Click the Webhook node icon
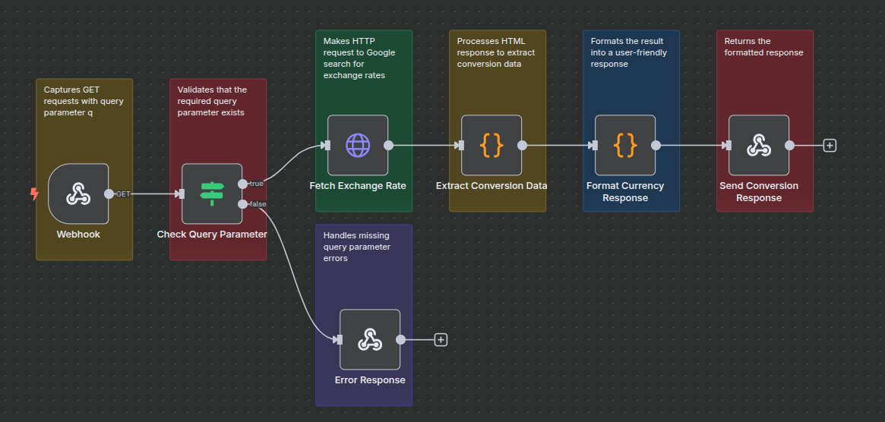[78, 194]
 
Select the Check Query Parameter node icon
[212, 194]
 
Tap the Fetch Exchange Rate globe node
[358, 145]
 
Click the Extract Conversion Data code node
[491, 145]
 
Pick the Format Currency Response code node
[625, 145]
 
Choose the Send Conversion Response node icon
[759, 145]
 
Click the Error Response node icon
[370, 339]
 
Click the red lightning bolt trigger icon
[34, 194]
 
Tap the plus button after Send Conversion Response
[830, 145]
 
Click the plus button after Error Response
[441, 339]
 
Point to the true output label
[257, 184]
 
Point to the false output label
[258, 203]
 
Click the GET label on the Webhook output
[123, 194]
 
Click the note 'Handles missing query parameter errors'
[357, 247]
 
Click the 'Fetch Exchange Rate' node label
[358, 186]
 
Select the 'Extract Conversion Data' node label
[491, 186]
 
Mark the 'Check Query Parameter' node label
[212, 235]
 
